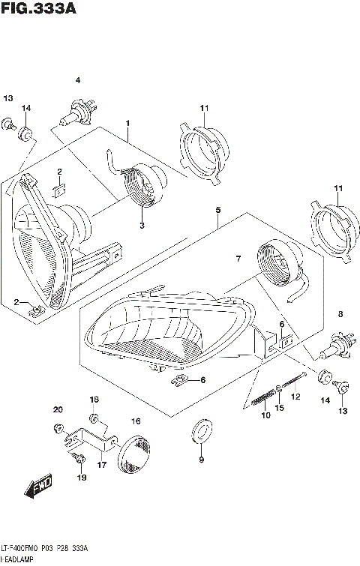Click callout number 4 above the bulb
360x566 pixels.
[x=76, y=80]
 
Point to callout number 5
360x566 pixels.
[x=217, y=211]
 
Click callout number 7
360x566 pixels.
[x=238, y=259]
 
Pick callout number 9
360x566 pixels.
[x=201, y=460]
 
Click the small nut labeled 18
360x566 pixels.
[x=93, y=417]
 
